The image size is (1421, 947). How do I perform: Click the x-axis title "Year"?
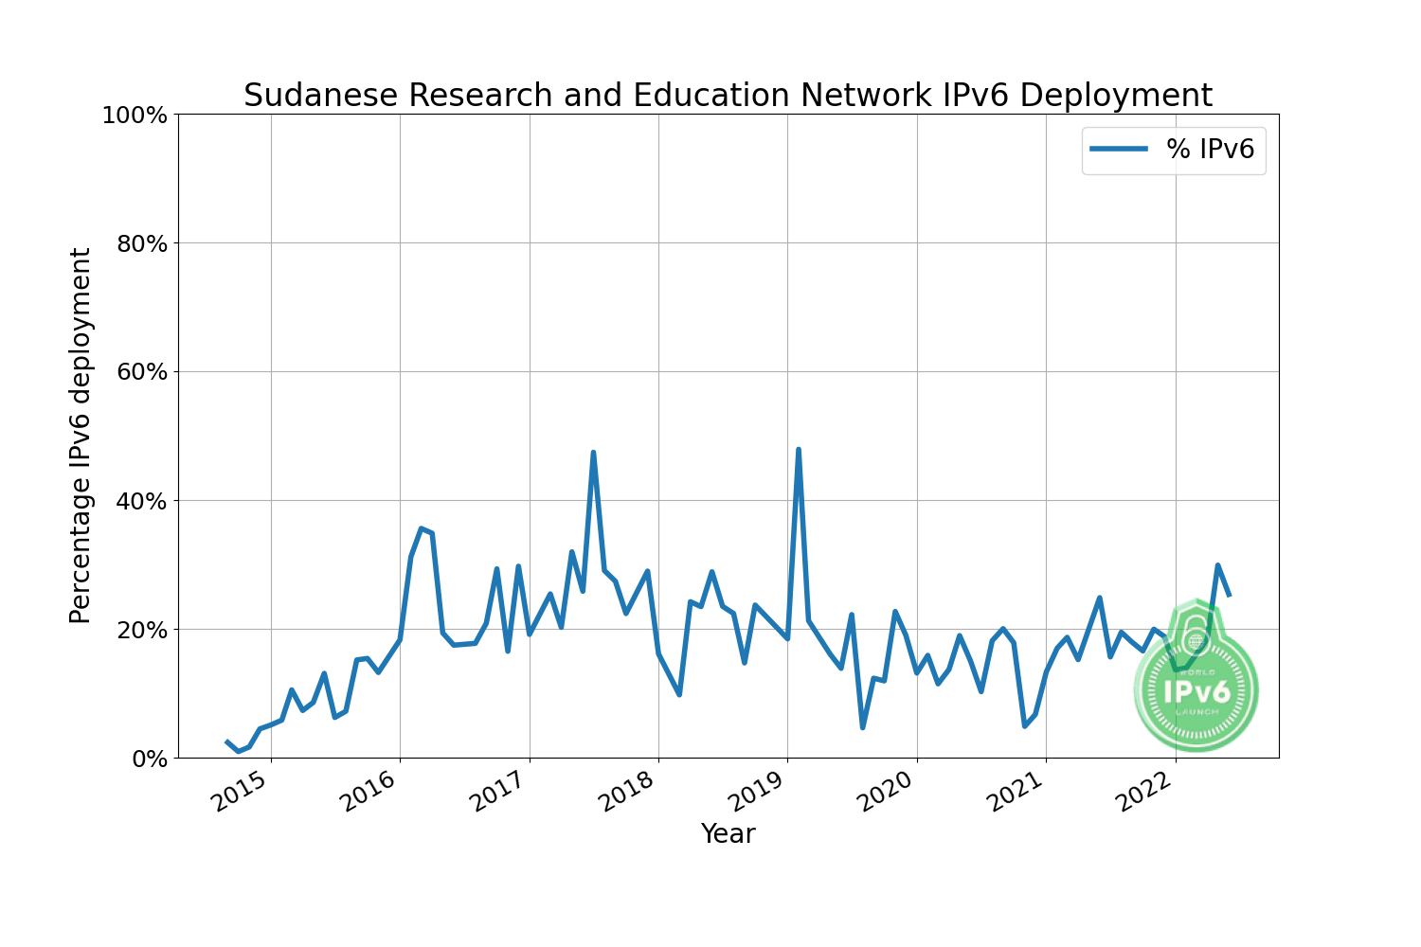tap(728, 834)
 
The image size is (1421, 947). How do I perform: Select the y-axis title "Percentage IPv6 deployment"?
tap(81, 436)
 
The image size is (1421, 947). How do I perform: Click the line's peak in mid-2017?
tap(593, 453)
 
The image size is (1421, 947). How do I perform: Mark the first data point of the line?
tap(227, 742)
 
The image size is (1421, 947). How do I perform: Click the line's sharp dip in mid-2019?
tap(862, 727)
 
